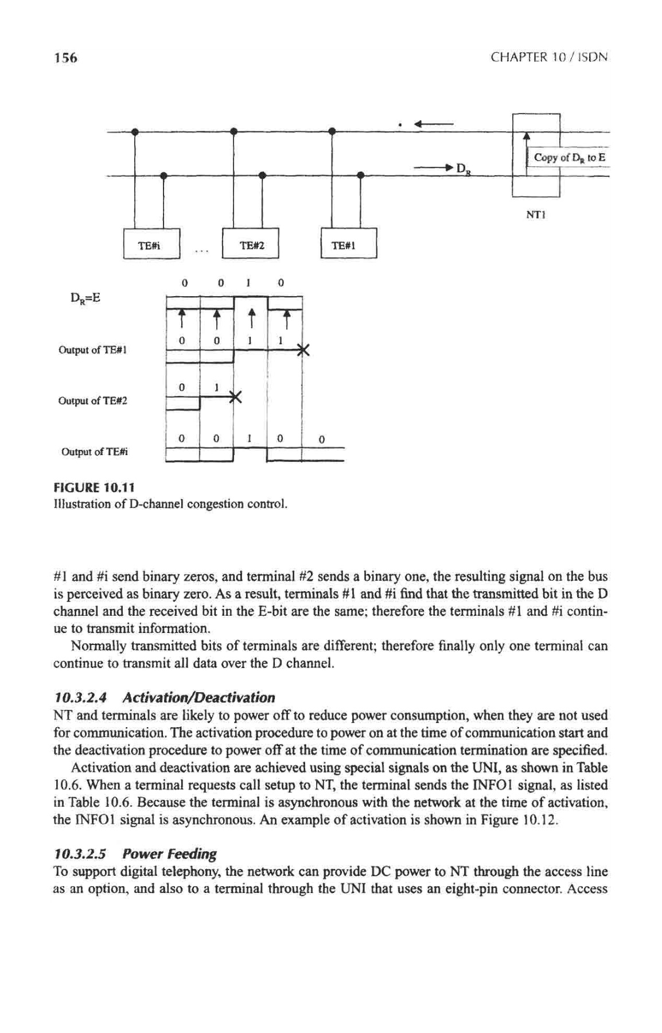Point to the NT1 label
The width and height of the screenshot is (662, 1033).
[x=535, y=216]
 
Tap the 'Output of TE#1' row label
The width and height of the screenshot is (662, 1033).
[x=92, y=349]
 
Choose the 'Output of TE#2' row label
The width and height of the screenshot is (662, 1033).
[x=92, y=400]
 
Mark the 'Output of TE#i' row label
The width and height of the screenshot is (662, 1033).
[x=94, y=451]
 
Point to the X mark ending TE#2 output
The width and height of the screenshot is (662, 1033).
[x=234, y=396]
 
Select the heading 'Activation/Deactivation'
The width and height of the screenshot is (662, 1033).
[x=198, y=698]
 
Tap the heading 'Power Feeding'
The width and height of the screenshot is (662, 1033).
[x=179, y=855]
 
